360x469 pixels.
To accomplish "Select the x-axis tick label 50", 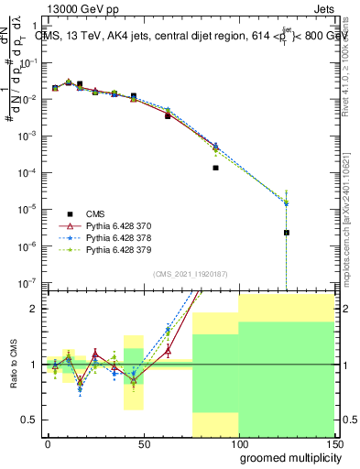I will (143, 442).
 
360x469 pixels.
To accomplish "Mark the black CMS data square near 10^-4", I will (215, 168).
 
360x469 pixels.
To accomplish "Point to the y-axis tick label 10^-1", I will (29, 62).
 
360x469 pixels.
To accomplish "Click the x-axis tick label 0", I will (48, 442).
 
